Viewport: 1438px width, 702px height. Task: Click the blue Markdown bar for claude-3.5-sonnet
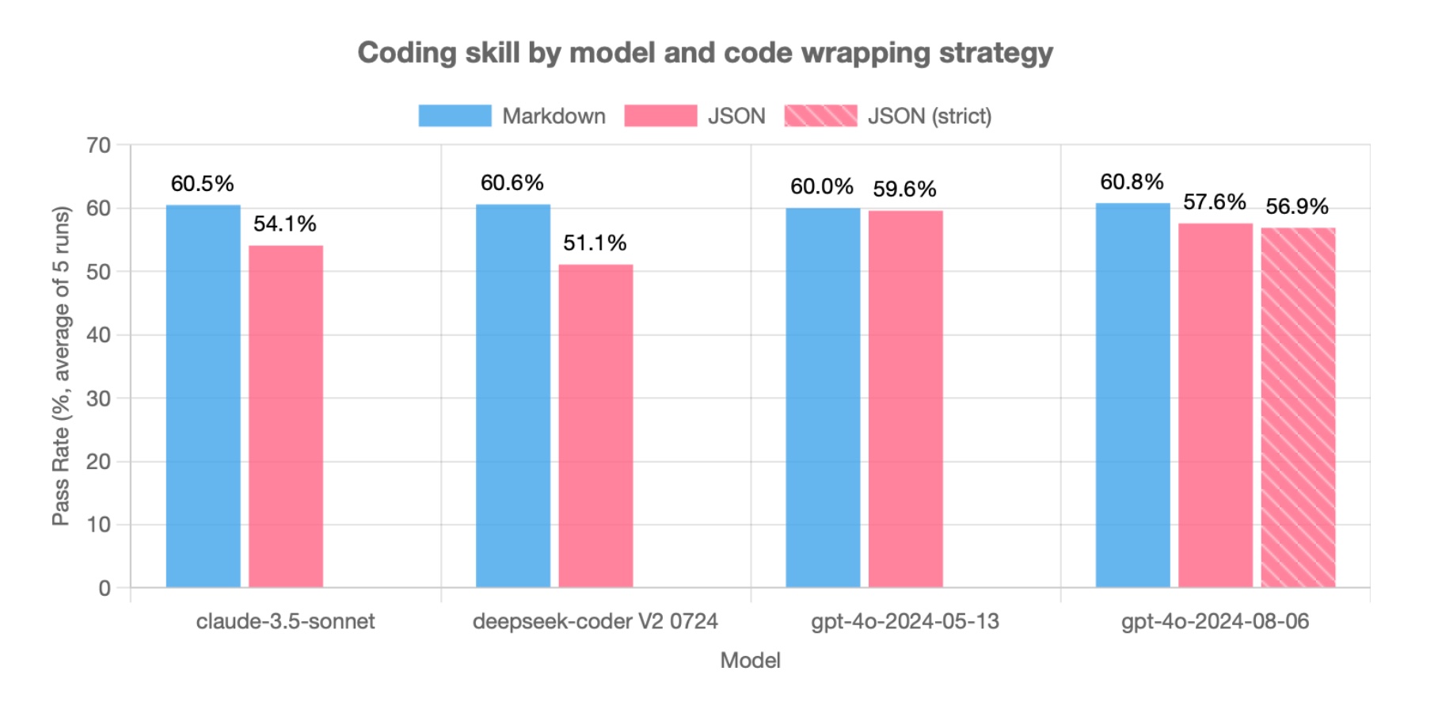(203, 396)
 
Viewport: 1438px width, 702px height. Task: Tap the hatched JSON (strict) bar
(1298, 407)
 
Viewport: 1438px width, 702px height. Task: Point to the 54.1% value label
(285, 224)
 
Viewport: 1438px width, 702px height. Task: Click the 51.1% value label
(595, 243)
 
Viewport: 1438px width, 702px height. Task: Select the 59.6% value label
(904, 189)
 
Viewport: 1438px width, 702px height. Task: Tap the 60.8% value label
(1132, 182)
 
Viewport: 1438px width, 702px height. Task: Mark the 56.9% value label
(1297, 207)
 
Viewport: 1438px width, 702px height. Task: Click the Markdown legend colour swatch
(455, 116)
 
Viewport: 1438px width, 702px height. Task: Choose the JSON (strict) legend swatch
(820, 116)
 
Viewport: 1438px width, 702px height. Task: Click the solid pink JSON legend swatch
(660, 116)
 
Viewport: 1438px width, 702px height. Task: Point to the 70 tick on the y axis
(99, 145)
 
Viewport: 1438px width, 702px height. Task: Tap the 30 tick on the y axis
(99, 399)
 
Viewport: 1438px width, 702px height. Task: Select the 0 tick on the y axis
(105, 588)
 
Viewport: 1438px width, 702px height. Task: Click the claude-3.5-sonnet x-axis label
(285, 621)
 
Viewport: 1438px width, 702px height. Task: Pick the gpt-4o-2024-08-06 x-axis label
(1215, 621)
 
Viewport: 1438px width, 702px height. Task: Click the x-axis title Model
(750, 660)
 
